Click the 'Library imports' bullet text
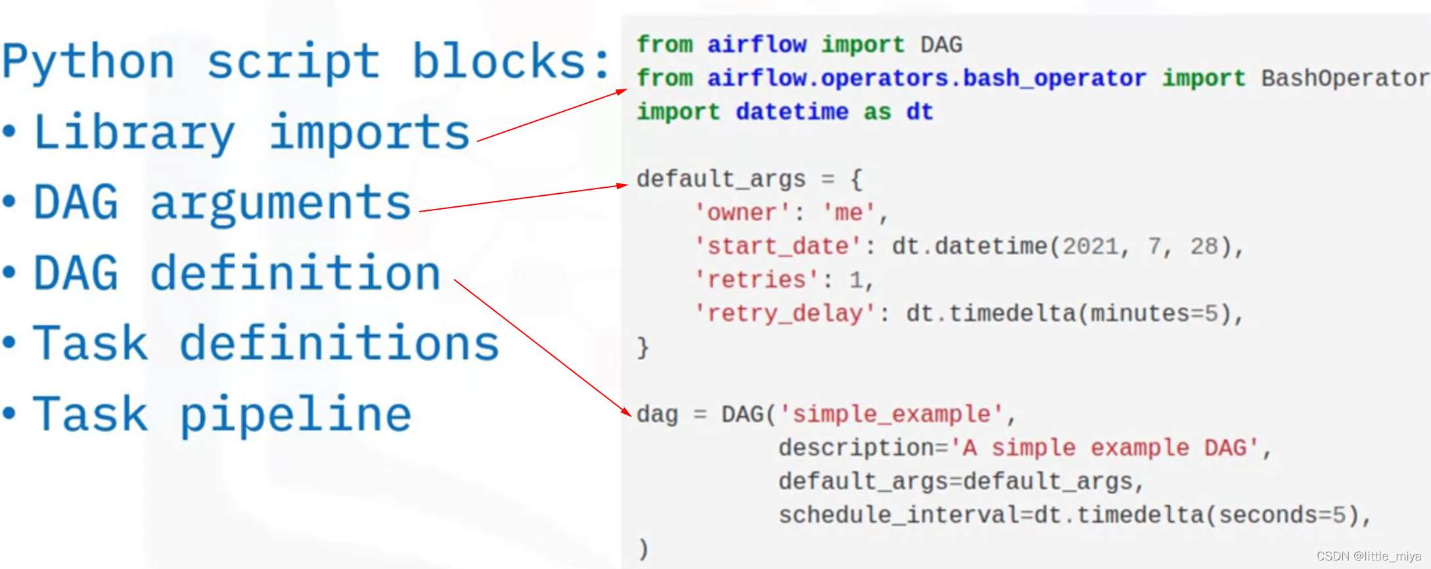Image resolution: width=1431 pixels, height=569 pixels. (x=252, y=133)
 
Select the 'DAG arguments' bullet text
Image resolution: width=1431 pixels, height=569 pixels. (x=222, y=204)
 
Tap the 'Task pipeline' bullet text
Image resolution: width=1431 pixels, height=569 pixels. (x=222, y=415)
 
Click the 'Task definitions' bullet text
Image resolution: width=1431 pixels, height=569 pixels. (x=266, y=344)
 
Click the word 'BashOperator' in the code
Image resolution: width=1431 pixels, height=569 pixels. (x=1344, y=78)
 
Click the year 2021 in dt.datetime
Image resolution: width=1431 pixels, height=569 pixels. (x=1091, y=246)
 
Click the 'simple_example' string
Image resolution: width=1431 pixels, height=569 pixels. (x=891, y=415)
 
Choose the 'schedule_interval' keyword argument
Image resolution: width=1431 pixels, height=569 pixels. (x=898, y=515)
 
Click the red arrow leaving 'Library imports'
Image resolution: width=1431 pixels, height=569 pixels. (x=552, y=116)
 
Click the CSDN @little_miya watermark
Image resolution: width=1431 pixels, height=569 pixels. (x=1368, y=557)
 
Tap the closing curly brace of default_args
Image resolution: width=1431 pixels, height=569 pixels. (x=643, y=348)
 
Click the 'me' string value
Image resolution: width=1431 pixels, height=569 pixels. (x=848, y=213)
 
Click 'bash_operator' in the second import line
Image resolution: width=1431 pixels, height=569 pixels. (x=1055, y=78)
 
